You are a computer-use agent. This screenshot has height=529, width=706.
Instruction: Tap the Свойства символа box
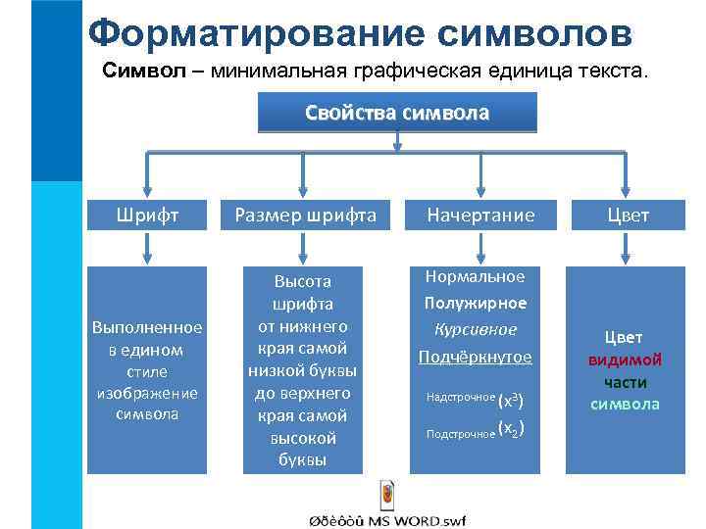click(397, 113)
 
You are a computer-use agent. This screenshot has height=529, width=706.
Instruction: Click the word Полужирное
click(476, 303)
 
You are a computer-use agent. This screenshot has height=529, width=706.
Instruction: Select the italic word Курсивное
click(476, 329)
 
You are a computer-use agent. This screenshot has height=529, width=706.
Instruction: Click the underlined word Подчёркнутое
click(476, 357)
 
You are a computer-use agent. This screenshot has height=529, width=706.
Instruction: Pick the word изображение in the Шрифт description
click(146, 393)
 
